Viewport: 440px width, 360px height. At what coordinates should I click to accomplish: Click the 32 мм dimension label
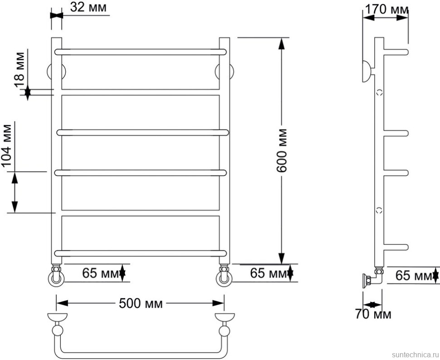88,8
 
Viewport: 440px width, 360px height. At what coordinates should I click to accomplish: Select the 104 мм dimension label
7,146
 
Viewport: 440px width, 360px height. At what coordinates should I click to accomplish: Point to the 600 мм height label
281,151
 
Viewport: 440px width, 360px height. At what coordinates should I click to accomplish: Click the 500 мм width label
141,303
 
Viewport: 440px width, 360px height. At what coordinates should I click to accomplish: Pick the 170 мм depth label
386,10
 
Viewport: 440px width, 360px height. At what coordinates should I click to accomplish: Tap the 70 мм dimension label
373,314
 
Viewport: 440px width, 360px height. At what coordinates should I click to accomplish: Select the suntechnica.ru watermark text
415,355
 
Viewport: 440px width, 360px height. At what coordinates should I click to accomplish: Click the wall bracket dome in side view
367,72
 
